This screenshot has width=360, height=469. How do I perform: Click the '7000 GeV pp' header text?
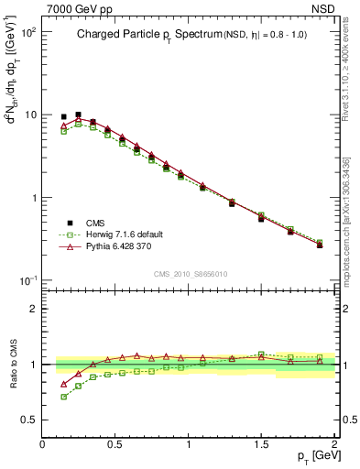[x=76, y=8]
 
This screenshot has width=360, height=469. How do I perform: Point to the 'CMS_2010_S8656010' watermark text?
[x=189, y=272]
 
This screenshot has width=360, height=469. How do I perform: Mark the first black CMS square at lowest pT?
[x=63, y=117]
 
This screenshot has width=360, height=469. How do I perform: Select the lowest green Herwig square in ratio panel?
[x=63, y=397]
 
